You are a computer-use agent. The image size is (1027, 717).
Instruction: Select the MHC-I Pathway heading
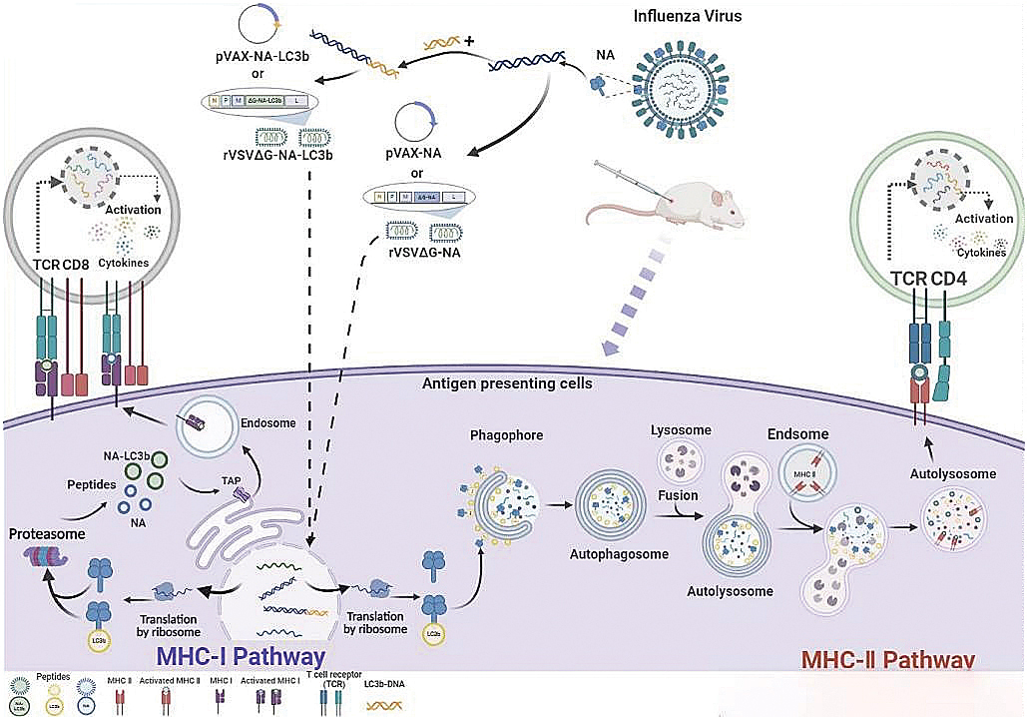pos(241,656)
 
